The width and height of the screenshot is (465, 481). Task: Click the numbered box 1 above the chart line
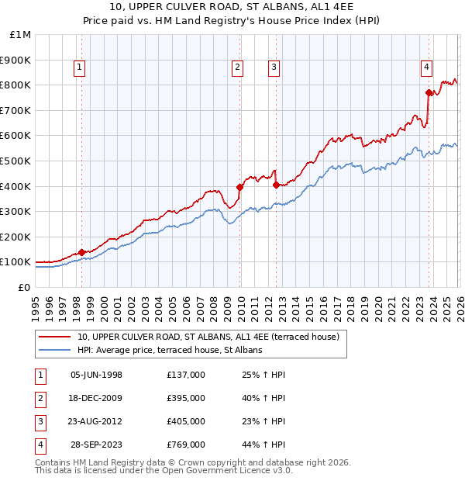point(81,68)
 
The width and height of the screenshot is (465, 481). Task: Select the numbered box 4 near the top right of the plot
point(426,68)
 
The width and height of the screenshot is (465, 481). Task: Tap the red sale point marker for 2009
point(240,187)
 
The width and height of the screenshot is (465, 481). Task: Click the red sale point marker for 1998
point(81,252)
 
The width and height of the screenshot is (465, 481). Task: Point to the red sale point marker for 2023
point(429,92)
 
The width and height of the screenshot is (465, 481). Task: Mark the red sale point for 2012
point(276,185)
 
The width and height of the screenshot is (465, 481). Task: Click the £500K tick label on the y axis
point(15,161)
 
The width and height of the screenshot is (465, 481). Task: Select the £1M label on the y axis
point(20,34)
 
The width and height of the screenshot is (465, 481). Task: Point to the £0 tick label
point(23,287)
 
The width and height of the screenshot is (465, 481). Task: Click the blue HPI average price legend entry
point(170,350)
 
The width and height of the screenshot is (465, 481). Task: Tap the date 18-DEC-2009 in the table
point(96,398)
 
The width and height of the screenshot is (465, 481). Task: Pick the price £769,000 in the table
point(185,445)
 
